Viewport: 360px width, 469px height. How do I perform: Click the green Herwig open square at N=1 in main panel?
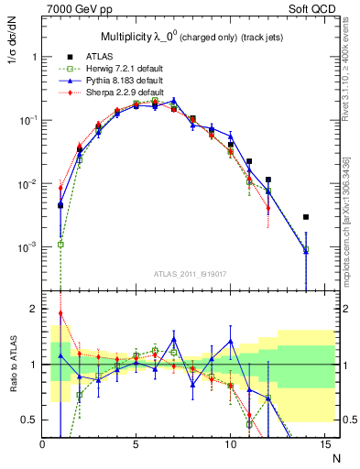(x=60, y=245)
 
